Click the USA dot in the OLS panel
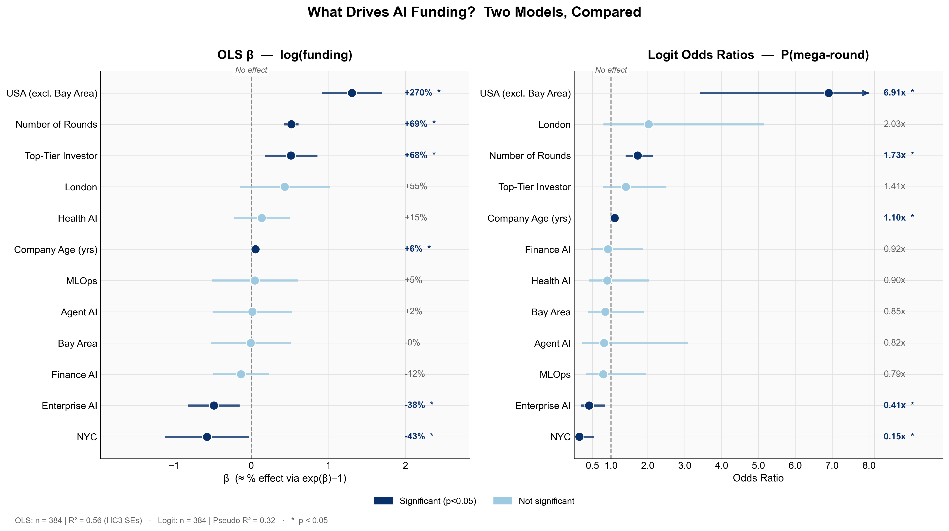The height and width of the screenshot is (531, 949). coord(352,93)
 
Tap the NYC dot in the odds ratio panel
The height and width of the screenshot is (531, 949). coord(579,437)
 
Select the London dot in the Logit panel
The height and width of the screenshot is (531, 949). coord(649,124)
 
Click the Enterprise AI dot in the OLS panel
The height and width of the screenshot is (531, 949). coord(214,406)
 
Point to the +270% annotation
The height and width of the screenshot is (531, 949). coord(418,93)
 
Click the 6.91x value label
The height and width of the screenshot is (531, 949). coord(895,93)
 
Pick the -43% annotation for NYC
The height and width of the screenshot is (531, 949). coord(415,436)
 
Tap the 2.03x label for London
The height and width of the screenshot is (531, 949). coord(895,124)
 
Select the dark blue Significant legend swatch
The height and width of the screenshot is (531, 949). coord(383,501)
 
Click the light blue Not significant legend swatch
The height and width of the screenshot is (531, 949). coord(503,501)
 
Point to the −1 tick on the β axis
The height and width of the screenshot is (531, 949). coord(173,466)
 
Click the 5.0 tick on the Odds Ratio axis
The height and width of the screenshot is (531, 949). coord(758,466)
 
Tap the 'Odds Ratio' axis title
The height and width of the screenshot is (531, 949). coord(758,478)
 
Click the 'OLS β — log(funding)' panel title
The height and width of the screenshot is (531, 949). coord(285,55)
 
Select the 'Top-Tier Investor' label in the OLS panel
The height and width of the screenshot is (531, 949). coord(61,156)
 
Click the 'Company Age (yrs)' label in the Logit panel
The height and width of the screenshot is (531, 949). coord(529,218)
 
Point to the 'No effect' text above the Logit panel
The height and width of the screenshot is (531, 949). coord(611,70)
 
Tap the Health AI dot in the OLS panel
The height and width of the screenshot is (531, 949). coord(262,218)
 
